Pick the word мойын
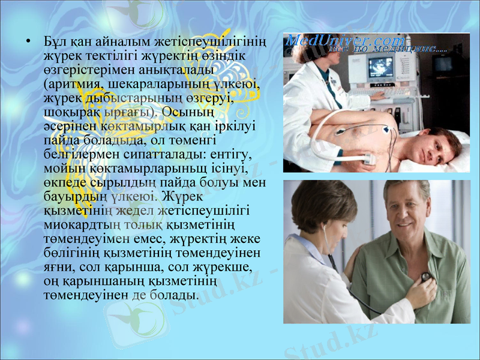[62, 169]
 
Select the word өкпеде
[65, 182]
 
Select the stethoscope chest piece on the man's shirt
[426, 277]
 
